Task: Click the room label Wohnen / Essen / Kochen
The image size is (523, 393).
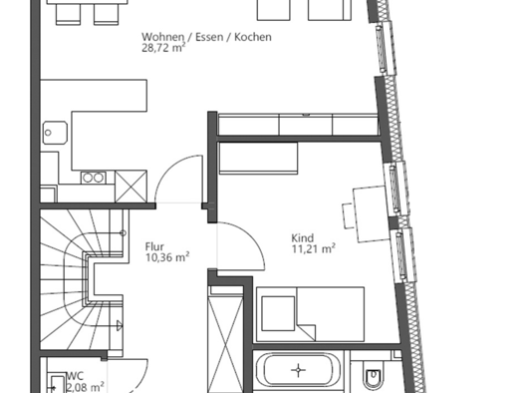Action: pos(206,37)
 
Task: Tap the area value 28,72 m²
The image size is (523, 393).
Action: pos(163,48)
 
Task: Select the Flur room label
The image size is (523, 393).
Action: pos(154,246)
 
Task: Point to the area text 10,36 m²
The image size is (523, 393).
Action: pos(167,257)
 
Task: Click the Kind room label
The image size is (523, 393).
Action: pos(303,238)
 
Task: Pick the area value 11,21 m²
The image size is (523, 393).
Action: pos(314,249)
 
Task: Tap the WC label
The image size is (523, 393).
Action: pos(76,376)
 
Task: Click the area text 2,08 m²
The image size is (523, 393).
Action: pos(86,387)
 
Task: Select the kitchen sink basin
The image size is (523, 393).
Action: pos(55,133)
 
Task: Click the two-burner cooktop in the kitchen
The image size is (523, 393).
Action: pos(94,178)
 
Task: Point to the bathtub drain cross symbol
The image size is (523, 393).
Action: pos(298,370)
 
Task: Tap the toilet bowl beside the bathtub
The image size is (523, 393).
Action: pos(374,378)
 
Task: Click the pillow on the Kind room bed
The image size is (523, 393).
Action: pos(278,313)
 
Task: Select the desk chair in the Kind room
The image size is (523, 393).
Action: pos(349,215)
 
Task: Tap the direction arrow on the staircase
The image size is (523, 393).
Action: pos(120,325)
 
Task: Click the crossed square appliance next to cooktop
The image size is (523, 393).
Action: pos(131,187)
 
